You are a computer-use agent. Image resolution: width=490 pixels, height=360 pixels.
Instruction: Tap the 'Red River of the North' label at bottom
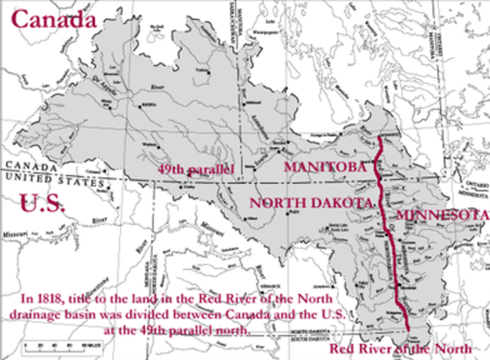408,349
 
